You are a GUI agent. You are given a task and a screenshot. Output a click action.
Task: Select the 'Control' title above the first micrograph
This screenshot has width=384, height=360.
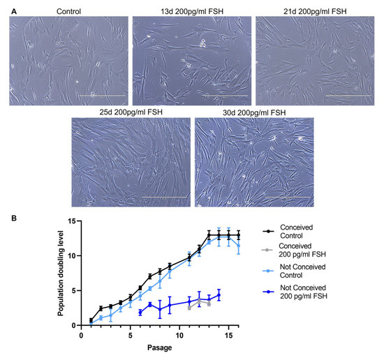click(66, 12)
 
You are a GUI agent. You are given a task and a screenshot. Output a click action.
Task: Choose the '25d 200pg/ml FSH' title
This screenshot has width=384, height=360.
click(131, 112)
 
